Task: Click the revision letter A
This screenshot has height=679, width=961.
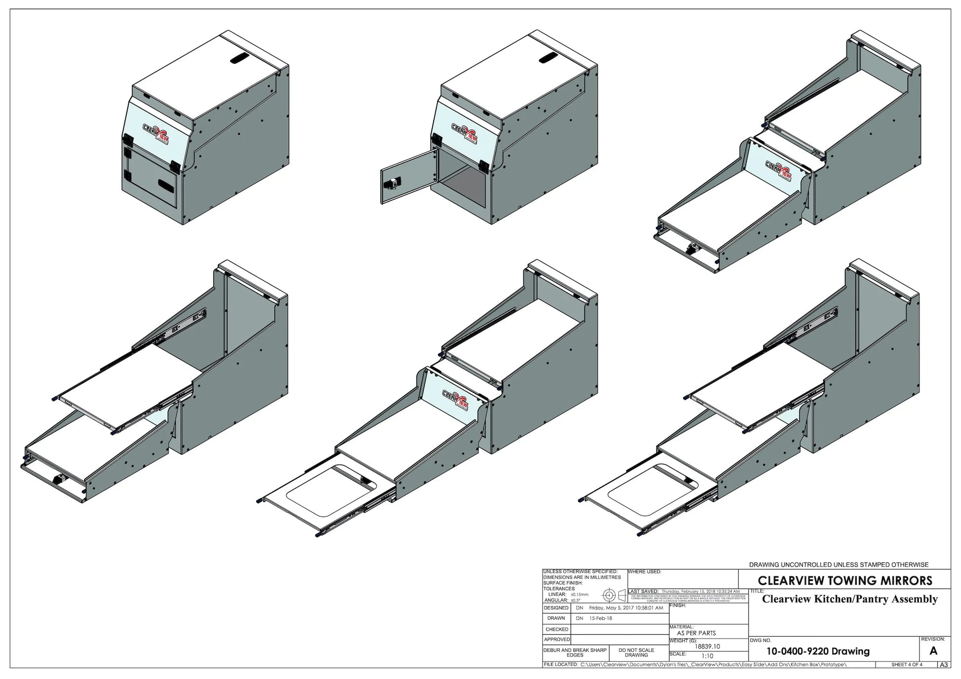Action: [933, 651]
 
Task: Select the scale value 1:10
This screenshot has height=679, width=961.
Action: [707, 656]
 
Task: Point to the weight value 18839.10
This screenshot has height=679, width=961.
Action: [707, 646]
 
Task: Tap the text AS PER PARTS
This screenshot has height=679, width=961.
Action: [696, 633]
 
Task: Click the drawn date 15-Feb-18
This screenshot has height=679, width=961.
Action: [601, 618]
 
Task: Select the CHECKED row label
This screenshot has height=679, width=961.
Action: [557, 629]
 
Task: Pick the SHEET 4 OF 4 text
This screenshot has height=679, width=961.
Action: [907, 665]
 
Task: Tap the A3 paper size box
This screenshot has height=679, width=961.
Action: [943, 665]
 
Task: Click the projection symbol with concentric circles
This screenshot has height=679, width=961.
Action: [609, 596]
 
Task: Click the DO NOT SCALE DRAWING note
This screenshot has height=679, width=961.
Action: [636, 653]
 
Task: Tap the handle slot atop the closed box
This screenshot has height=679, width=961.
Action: [240, 59]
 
